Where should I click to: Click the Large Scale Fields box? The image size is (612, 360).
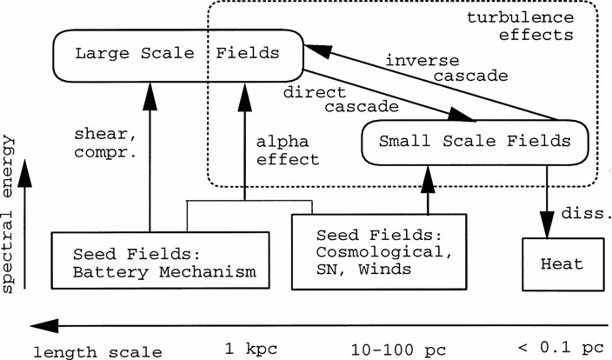tap(177, 54)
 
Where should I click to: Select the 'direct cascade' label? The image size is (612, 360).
tap(344, 98)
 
